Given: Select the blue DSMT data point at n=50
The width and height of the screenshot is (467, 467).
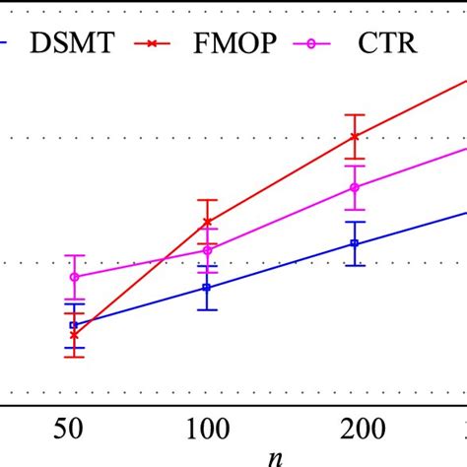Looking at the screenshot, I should pyautogui.click(x=72, y=324).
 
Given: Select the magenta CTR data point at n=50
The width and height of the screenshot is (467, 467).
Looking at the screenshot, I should pyautogui.click(x=74, y=277).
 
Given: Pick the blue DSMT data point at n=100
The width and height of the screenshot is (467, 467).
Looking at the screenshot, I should pyautogui.click(x=207, y=287).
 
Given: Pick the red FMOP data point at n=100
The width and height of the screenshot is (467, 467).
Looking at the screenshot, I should pyautogui.click(x=207, y=222).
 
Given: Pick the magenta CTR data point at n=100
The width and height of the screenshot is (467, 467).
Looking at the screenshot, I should pyautogui.click(x=207, y=250).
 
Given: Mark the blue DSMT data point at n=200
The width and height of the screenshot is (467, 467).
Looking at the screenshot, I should pyautogui.click(x=355, y=243).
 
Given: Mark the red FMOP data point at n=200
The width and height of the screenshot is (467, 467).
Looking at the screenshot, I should pyautogui.click(x=356, y=136).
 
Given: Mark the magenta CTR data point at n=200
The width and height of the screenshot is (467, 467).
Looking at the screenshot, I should pyautogui.click(x=356, y=187).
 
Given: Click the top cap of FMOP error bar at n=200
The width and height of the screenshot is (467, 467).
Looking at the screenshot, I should pyautogui.click(x=356, y=115).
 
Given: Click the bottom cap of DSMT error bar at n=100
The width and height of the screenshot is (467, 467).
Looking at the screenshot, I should pyautogui.click(x=207, y=310).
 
